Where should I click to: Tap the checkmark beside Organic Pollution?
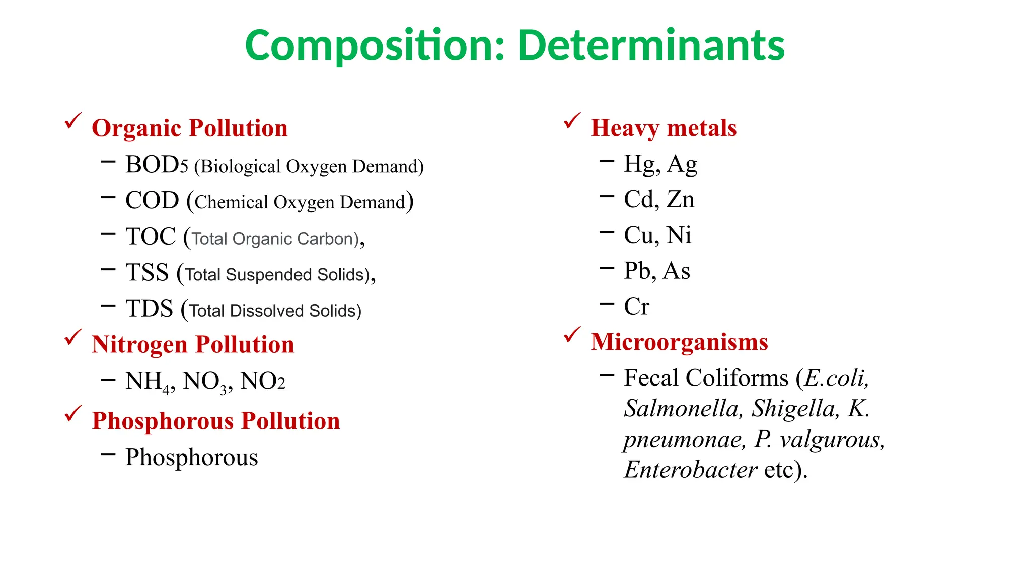[73, 121]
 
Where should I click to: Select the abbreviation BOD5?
[157, 165]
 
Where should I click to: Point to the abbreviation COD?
[152, 200]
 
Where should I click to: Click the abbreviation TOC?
[151, 237]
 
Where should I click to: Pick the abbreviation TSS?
[147, 273]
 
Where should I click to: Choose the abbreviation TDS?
[149, 309]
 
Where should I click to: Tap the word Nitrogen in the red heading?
[139, 345]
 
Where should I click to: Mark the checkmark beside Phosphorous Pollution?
[73, 414]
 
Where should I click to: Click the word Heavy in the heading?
[625, 128]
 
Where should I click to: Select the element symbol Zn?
[681, 199]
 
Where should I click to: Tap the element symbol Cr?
[636, 306]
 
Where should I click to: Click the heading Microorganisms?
[679, 342]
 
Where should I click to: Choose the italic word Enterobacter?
[690, 470]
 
